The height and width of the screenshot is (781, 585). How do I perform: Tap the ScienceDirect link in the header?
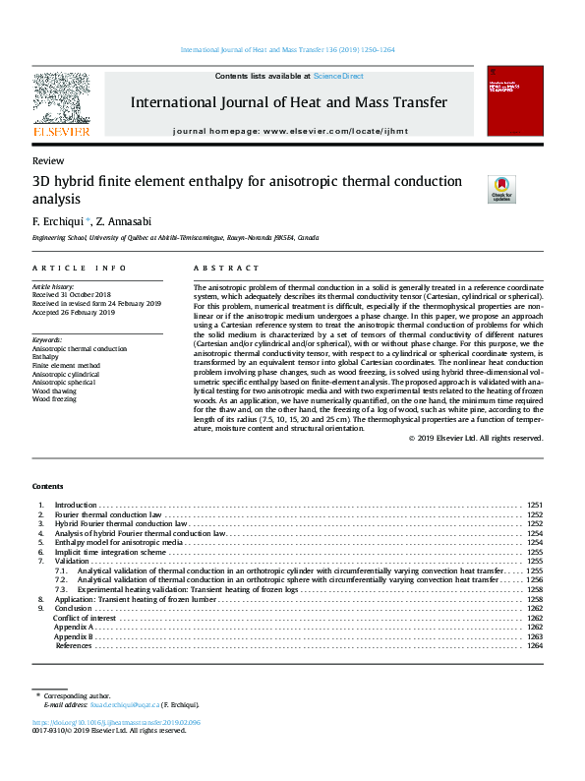pos(338,76)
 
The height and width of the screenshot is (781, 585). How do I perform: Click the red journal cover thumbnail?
pos(515,100)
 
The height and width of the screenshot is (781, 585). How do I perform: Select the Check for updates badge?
pos(501,188)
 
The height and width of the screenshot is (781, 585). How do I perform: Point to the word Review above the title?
pos(48,160)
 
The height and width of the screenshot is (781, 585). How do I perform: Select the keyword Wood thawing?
pos(55,390)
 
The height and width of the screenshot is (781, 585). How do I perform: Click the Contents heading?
pos(47,487)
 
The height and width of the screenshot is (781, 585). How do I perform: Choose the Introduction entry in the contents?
pos(75,505)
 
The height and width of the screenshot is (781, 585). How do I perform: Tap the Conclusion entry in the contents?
pos(73,608)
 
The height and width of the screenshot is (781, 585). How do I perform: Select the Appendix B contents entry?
pos(74,636)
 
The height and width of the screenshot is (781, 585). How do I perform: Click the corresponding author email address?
pos(122,704)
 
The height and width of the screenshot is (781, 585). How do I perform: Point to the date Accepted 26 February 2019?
pos(75,312)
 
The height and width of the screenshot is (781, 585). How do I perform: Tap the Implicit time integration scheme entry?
pos(111,552)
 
